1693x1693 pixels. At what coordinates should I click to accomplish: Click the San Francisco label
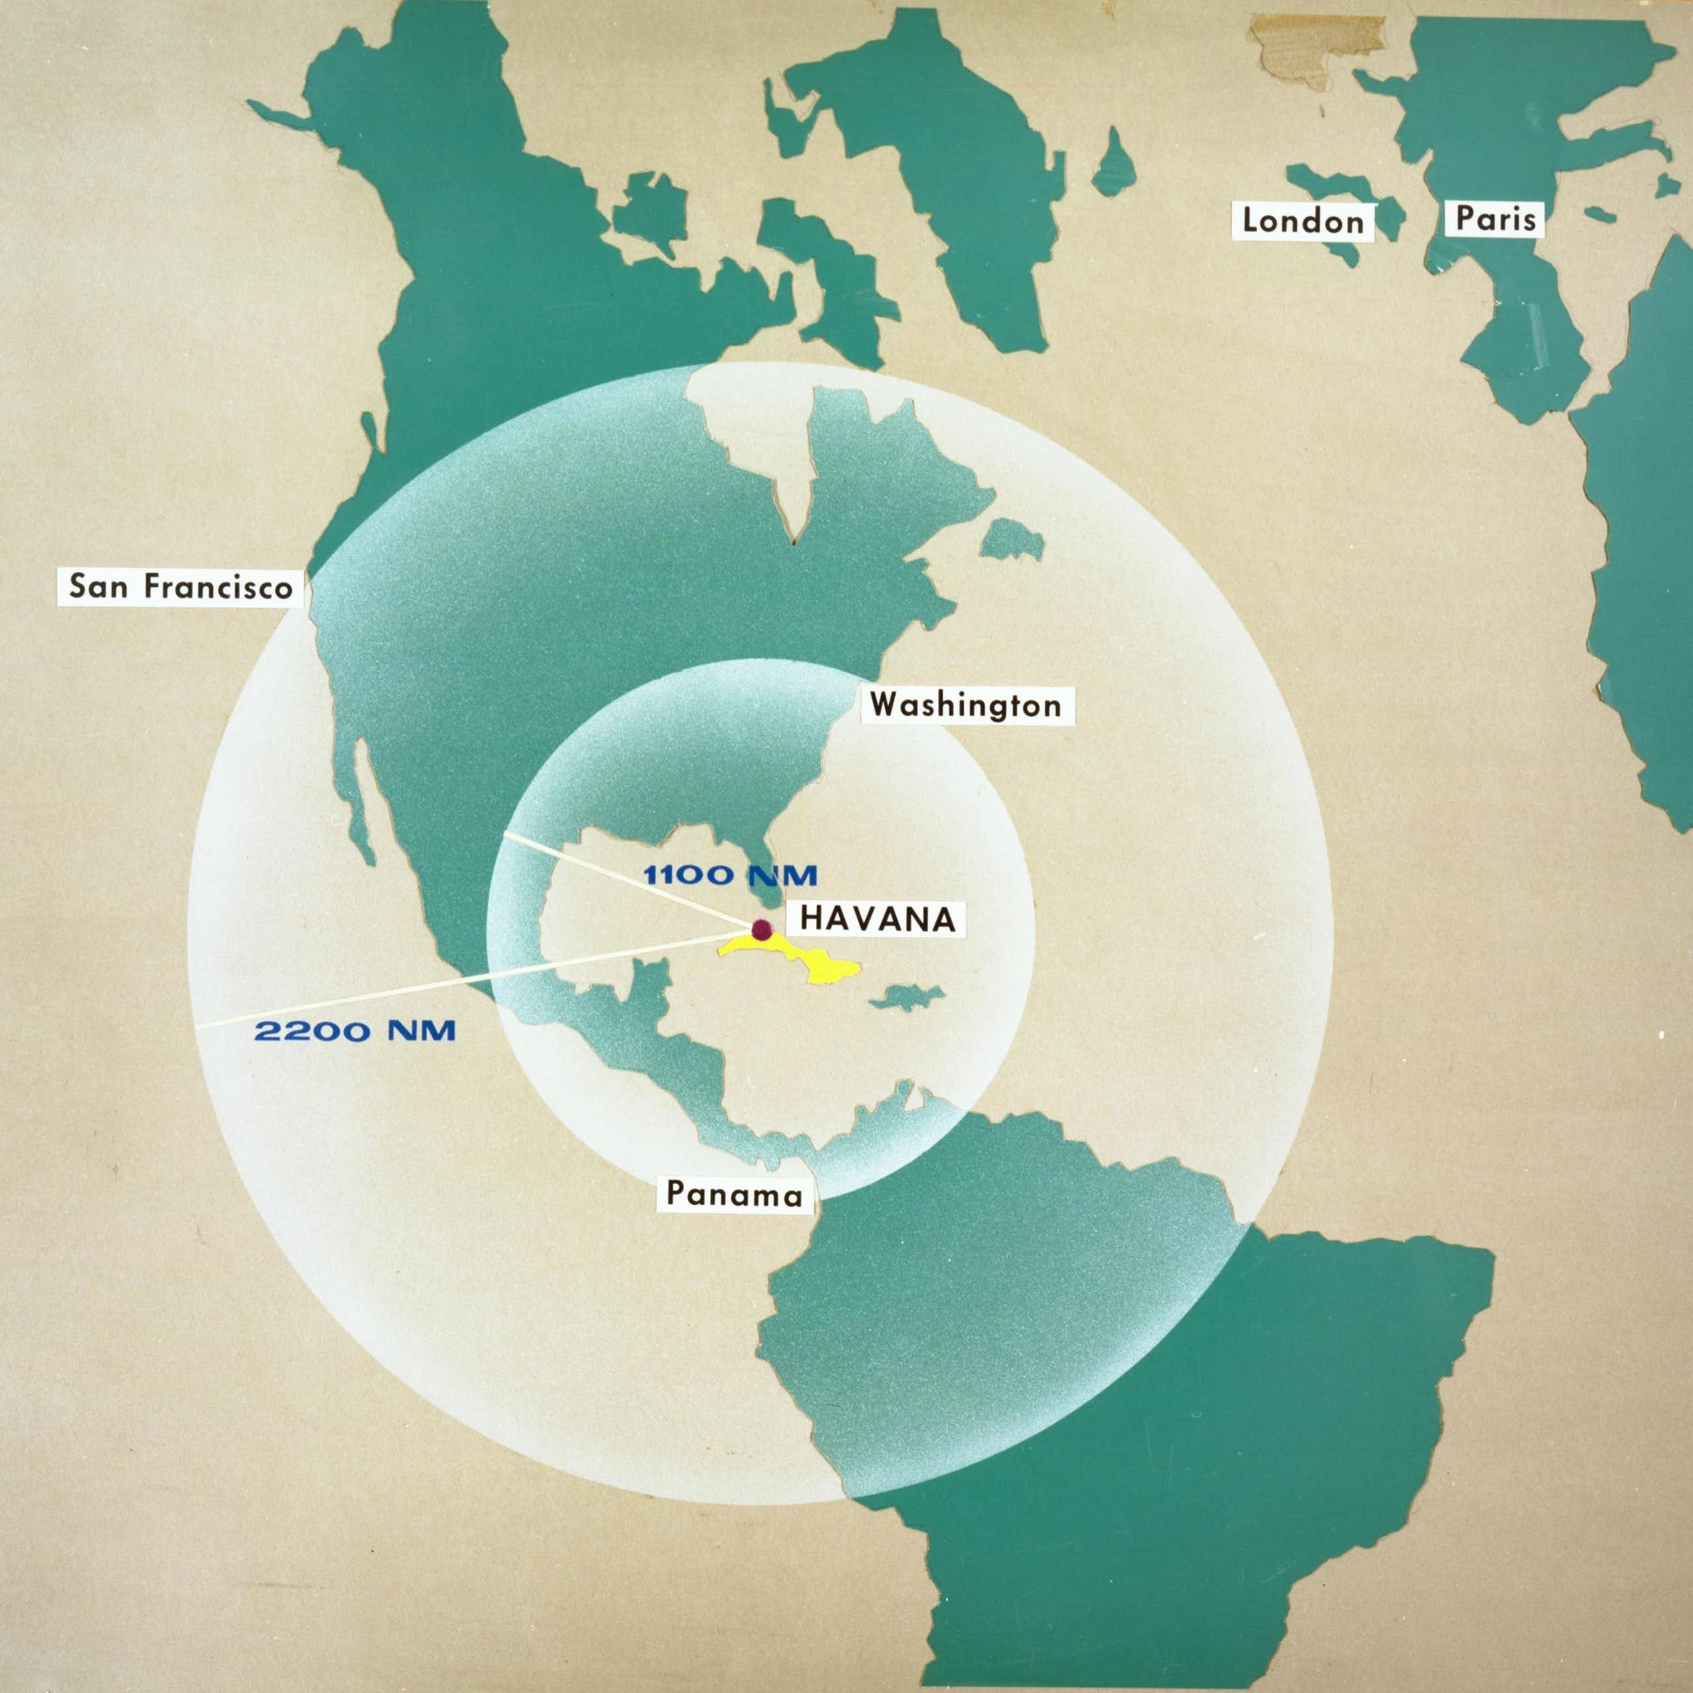pos(181,586)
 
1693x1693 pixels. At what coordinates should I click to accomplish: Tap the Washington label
pos(967,704)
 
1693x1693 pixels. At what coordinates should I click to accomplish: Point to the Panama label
pos(734,1194)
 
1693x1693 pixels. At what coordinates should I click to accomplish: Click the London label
pos(1303,221)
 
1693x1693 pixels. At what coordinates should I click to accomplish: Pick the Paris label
pos(1496,218)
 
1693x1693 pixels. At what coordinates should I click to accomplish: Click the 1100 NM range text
pos(730,874)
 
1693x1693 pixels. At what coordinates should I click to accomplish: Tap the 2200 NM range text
pos(355,1030)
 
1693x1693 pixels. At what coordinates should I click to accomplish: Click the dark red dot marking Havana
pos(761,930)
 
